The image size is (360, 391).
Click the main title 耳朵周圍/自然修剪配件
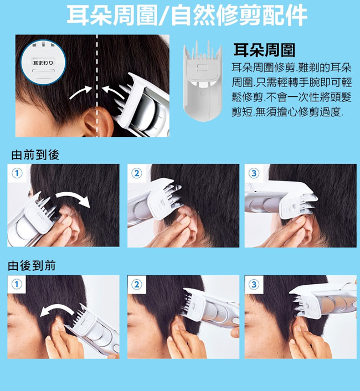click(x=187, y=15)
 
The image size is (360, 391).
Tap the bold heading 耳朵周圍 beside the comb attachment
click(x=264, y=50)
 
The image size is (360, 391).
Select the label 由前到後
click(x=35, y=155)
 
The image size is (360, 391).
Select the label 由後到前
click(x=32, y=266)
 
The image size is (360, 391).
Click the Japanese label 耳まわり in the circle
click(x=43, y=63)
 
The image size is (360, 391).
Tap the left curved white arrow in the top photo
click(x=81, y=92)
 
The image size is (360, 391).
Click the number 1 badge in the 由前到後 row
click(x=17, y=173)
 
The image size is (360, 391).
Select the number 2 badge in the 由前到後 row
click(x=137, y=173)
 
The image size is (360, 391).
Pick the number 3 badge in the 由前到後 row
click(x=254, y=173)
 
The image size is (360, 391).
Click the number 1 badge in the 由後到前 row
click(x=17, y=284)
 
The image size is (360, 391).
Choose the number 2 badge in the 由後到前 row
click(x=137, y=284)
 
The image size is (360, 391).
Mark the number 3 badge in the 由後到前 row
click(x=254, y=284)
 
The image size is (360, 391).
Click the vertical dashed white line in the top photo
click(x=97, y=86)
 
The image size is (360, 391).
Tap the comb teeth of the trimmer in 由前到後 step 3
click(x=308, y=204)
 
